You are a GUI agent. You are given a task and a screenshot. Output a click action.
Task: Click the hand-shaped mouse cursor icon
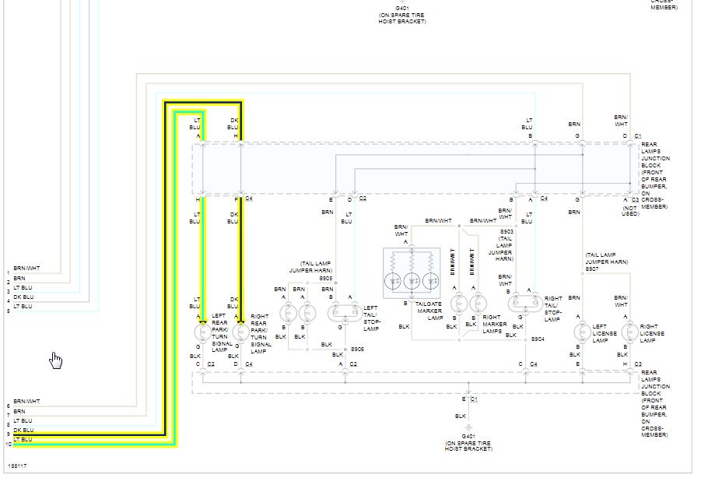coord(56,360)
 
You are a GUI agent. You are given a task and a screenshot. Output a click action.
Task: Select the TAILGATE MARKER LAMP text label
coord(429,310)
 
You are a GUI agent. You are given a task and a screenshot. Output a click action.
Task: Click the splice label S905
coord(325,278)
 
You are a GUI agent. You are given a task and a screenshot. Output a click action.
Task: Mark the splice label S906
coord(357,348)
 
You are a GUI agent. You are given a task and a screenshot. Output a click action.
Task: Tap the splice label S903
coord(506,231)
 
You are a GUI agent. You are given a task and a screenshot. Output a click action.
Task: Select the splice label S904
coord(538,339)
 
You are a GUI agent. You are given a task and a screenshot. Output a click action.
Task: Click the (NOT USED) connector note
coord(630,210)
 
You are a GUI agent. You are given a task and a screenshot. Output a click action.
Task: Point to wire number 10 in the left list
coord(9,444)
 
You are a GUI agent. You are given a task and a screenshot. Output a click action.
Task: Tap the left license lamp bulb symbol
coord(580,332)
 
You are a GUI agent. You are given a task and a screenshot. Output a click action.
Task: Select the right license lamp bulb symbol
coord(629,332)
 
